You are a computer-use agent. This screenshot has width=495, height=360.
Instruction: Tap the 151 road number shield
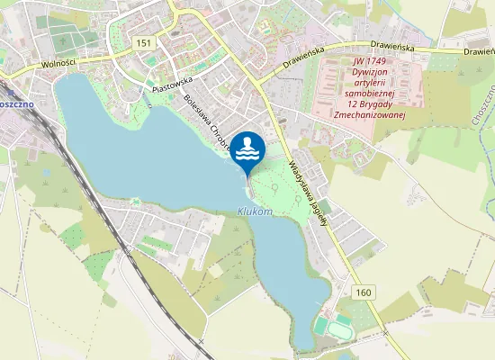tap(143, 43)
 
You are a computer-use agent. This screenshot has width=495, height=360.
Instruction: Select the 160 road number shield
tap(363, 292)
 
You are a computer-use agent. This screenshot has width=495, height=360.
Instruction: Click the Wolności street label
tap(58, 65)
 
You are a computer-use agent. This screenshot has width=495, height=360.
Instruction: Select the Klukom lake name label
tap(255, 211)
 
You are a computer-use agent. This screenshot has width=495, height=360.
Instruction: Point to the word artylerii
tap(375, 81)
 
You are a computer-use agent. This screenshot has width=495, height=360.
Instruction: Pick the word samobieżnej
tap(375, 91)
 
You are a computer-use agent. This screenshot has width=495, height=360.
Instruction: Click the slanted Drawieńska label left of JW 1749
tap(301, 60)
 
